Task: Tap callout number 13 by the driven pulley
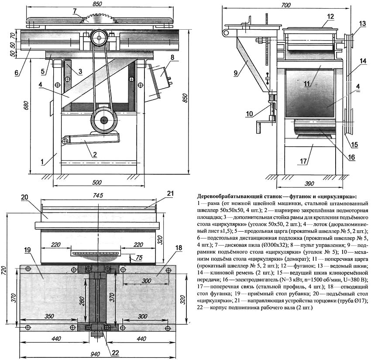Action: click(362, 23)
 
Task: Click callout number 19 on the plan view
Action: click(27, 250)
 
